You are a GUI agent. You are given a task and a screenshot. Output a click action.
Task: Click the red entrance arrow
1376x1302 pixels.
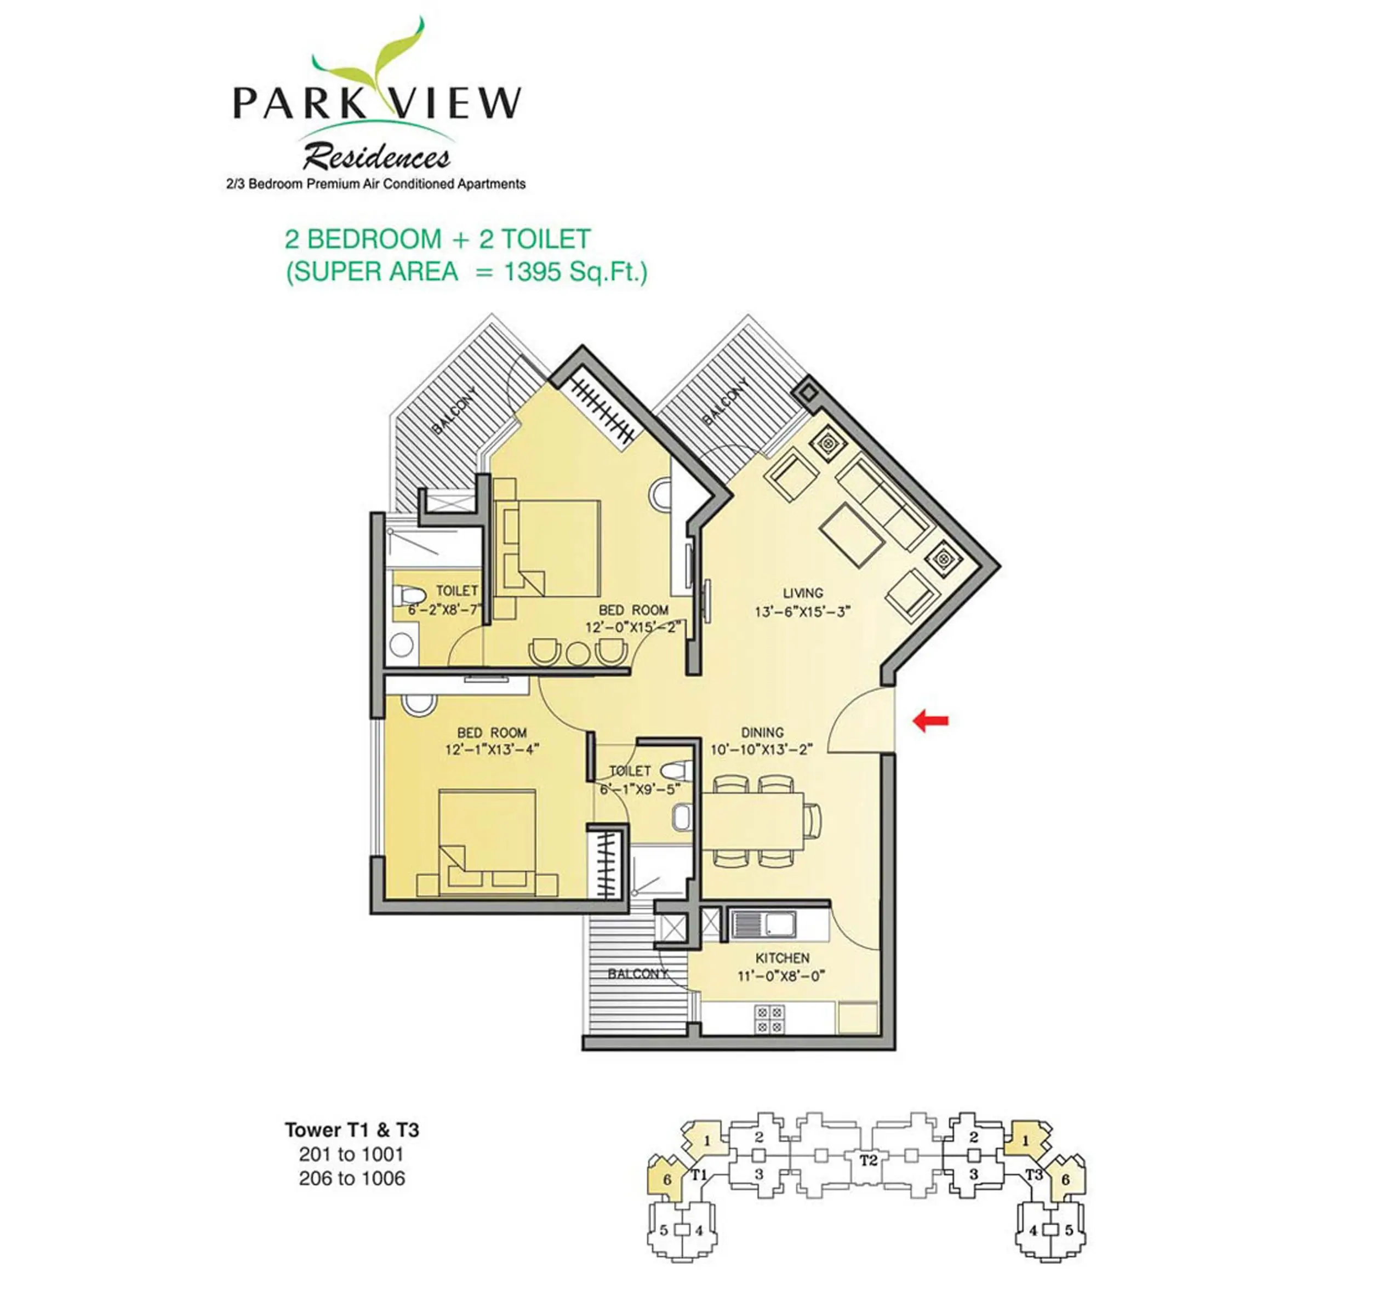930,721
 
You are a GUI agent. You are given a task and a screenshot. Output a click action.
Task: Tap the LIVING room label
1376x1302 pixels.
803,593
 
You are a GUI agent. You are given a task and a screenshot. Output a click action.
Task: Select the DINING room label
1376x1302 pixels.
762,732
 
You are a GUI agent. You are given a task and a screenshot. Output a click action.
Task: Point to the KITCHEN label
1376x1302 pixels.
782,958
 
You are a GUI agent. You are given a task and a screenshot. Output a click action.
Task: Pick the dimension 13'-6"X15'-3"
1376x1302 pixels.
803,612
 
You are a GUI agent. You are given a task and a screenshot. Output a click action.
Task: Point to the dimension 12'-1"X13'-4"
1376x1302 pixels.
493,750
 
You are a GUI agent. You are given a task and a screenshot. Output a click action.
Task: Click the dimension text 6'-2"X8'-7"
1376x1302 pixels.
444,610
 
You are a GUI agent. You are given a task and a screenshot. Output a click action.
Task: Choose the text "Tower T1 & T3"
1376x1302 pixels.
352,1130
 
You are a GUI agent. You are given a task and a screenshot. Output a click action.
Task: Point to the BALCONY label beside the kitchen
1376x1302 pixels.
638,974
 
